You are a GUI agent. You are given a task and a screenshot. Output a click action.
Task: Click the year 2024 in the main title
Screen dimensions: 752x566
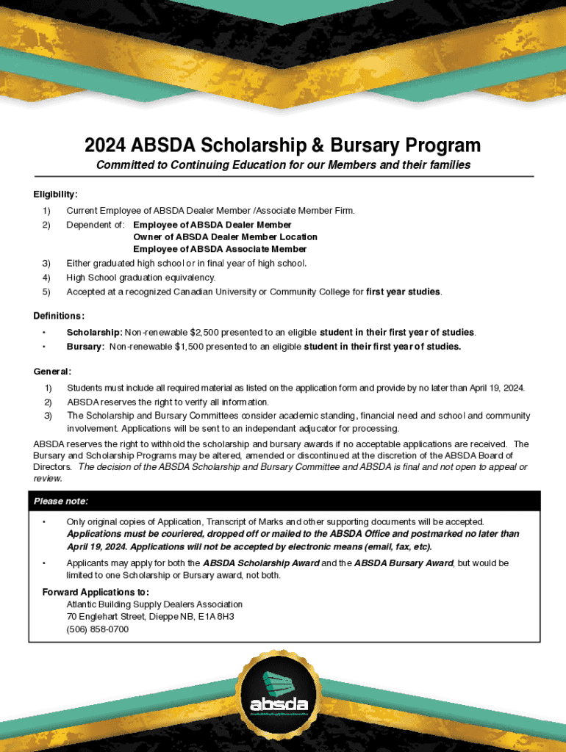point(107,145)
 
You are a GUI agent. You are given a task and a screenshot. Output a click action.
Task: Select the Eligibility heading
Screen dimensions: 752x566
point(55,195)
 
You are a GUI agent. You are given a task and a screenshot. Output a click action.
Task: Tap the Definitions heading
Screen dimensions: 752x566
point(59,316)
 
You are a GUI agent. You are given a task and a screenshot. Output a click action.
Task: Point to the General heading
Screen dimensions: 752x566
point(52,372)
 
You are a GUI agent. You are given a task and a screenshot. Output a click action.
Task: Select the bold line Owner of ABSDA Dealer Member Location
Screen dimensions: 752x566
point(225,237)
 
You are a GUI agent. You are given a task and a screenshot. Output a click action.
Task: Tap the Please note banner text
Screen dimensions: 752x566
point(61,502)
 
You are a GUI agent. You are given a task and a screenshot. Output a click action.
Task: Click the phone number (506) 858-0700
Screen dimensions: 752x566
point(97,629)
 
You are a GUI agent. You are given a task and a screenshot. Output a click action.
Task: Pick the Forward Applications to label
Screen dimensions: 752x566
point(96,592)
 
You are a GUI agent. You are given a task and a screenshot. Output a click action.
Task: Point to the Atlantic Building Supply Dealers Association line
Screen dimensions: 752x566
point(154,604)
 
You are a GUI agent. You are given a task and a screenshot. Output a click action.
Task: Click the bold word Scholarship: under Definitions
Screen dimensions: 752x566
point(94,333)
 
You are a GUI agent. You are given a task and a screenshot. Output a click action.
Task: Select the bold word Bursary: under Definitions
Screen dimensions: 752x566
point(85,347)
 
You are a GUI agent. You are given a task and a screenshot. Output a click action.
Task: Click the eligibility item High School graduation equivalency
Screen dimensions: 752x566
point(140,278)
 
